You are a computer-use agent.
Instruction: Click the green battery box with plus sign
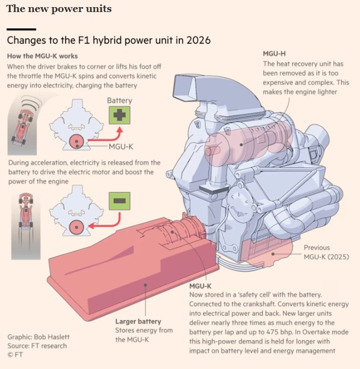[x=119, y=115]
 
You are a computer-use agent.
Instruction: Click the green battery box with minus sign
[x=119, y=201]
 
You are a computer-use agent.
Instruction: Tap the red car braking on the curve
[x=22, y=127]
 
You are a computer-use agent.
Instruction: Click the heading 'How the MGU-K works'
[x=42, y=56]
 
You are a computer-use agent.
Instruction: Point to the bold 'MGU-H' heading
[x=274, y=54]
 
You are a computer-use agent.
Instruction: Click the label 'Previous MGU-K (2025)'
[x=326, y=252]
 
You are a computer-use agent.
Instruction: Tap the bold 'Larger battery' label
[x=138, y=321]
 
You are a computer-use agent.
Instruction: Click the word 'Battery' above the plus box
[x=119, y=101]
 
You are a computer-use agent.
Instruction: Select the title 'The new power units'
[x=59, y=9]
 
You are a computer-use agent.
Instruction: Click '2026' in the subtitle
[x=199, y=40]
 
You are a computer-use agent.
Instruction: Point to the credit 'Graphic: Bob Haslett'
[x=38, y=337]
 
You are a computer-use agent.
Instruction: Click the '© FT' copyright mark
[x=15, y=355]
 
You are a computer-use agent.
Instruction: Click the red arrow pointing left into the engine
[x=106, y=221]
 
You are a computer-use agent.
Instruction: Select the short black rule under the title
[x=21, y=30]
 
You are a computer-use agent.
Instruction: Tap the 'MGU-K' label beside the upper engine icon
[x=121, y=147]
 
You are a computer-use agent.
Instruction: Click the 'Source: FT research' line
[x=37, y=345]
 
